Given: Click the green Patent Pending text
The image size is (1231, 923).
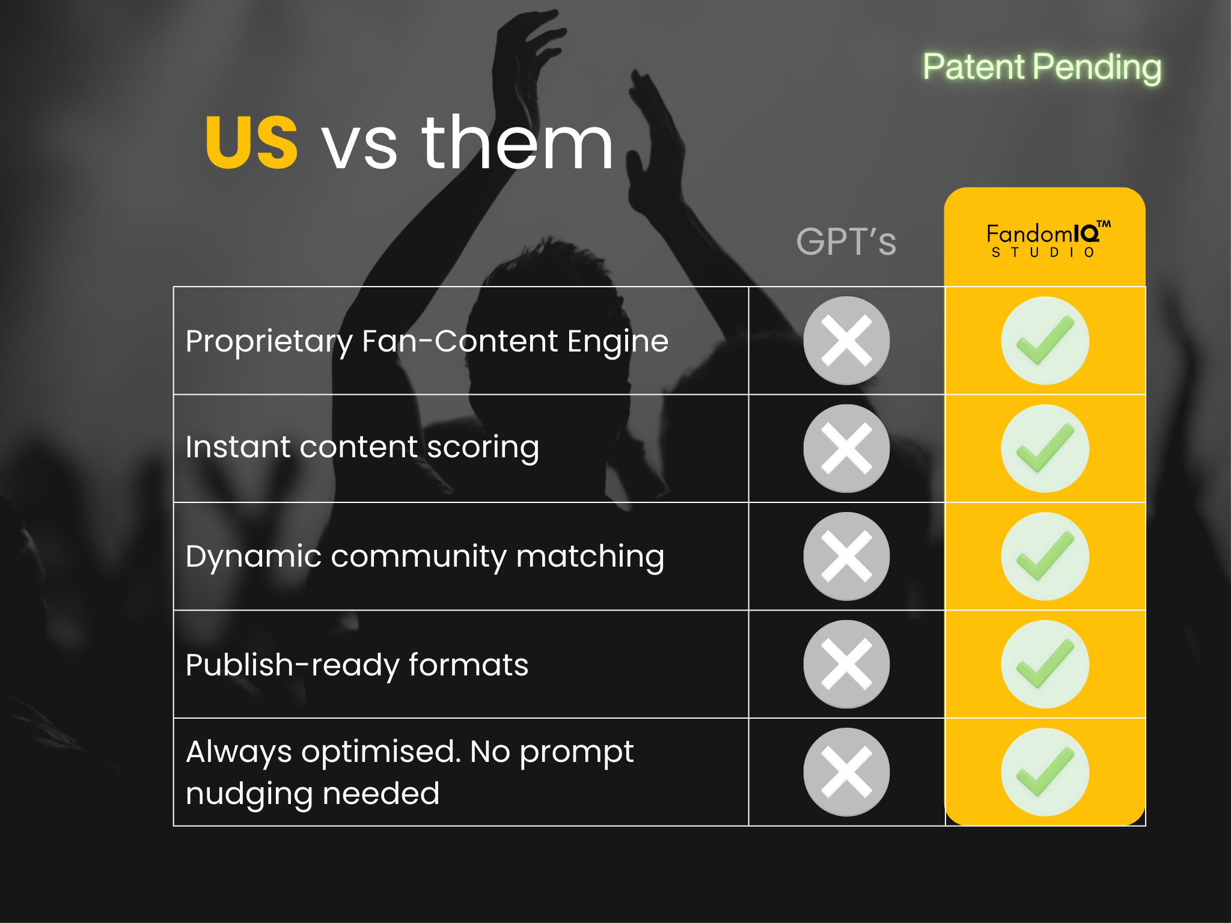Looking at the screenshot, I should coord(1042,67).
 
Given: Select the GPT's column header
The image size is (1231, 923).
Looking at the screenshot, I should coord(846,242).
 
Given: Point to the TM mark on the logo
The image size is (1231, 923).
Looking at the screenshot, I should coord(1104,224).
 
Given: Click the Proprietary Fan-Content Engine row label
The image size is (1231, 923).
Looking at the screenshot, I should coord(427,341).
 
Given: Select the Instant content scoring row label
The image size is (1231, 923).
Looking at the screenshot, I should coord(362,447).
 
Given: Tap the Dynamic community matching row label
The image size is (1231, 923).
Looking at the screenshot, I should coord(425,556).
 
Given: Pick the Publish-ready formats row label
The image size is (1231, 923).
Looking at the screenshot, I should coord(357,665).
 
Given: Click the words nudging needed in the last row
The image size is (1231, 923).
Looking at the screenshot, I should coord(313,793).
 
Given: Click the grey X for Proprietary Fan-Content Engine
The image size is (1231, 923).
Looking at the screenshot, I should coord(846,341).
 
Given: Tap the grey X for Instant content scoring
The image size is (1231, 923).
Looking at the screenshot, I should coord(846,448).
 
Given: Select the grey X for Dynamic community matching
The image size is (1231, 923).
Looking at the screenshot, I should coord(846,556).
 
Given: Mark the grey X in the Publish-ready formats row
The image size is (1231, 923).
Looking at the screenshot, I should coord(846,664).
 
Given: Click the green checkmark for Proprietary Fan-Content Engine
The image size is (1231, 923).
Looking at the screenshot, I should coord(1045,341).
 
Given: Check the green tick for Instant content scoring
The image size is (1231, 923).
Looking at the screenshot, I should coord(1045,448).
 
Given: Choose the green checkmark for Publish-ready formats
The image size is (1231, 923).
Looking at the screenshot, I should coord(1045,664).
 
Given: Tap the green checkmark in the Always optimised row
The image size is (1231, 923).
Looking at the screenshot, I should coord(1045,772).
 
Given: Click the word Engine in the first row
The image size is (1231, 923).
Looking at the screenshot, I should coord(617,341).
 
